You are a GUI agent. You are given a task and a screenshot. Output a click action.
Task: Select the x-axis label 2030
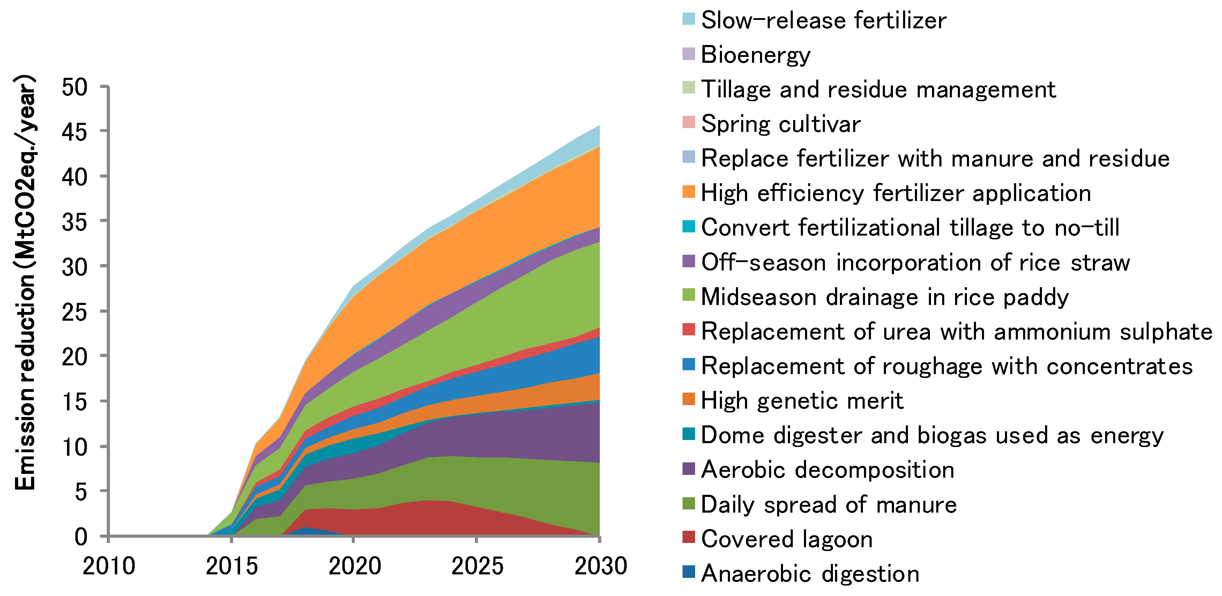pyautogui.click(x=601, y=566)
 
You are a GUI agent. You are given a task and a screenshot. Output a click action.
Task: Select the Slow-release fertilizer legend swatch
pyautogui.click(x=688, y=19)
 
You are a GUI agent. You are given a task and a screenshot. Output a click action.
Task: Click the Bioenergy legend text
pyautogui.click(x=755, y=54)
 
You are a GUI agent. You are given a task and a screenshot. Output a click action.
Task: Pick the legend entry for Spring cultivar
pyautogui.click(x=780, y=124)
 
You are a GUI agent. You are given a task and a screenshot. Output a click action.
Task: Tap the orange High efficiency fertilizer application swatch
pyautogui.click(x=688, y=192)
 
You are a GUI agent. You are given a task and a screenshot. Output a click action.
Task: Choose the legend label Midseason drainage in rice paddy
pyautogui.click(x=885, y=297)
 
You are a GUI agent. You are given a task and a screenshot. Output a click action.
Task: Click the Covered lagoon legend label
pyautogui.click(x=787, y=539)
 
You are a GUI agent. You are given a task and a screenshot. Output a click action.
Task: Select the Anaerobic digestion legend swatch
pyautogui.click(x=688, y=572)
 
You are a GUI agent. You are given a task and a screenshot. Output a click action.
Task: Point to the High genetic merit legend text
pyautogui.click(x=802, y=401)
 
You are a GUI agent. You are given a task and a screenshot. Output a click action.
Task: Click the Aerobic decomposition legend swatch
pyautogui.click(x=688, y=469)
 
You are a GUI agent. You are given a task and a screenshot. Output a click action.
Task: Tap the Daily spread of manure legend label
pyautogui.click(x=829, y=505)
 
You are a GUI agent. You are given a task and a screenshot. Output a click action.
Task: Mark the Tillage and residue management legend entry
pyautogui.click(x=878, y=89)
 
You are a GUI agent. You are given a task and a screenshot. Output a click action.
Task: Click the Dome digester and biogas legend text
pyautogui.click(x=932, y=435)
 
